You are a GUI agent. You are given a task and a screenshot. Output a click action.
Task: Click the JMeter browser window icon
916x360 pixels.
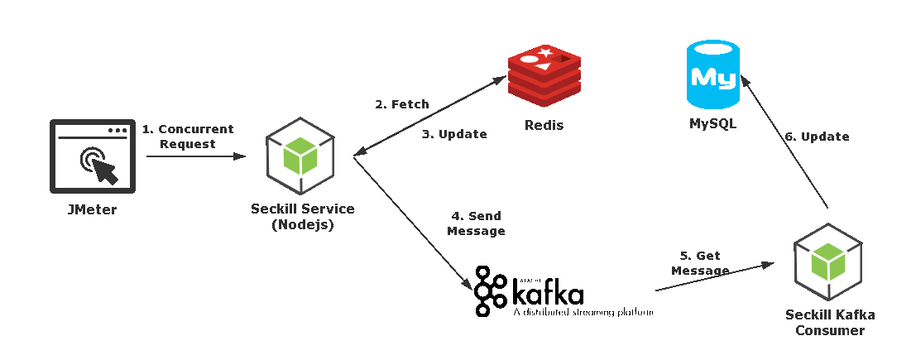point(92,156)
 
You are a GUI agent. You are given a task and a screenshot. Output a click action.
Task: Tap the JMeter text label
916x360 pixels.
point(92,210)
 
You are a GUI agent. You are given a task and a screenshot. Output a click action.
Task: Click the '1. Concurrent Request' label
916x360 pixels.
point(188,137)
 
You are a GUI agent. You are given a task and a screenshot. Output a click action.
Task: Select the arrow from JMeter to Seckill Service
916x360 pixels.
point(196,156)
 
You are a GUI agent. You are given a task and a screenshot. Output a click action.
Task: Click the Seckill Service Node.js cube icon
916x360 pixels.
point(300,156)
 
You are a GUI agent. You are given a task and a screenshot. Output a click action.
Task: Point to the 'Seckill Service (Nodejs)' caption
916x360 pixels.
point(302,217)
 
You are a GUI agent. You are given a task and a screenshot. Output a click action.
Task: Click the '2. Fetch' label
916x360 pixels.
point(401,104)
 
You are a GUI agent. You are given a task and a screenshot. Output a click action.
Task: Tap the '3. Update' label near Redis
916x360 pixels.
point(454,134)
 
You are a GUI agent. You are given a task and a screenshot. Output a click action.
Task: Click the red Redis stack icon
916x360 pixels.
point(544,76)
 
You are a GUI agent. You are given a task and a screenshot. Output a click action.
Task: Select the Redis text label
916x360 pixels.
point(544,126)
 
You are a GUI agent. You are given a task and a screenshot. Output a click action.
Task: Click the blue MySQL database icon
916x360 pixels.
point(712,74)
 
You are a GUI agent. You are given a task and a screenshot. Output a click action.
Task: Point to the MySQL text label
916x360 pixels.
point(712,124)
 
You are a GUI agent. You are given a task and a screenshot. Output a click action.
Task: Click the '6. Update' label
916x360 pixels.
point(817,137)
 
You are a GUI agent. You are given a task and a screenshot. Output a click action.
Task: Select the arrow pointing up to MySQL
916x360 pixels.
point(784,142)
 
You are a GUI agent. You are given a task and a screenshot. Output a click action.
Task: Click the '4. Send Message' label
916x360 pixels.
point(476,223)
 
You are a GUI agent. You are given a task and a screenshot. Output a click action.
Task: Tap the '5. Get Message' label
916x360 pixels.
point(700,263)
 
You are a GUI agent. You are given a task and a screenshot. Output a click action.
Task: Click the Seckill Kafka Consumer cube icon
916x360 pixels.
point(827,262)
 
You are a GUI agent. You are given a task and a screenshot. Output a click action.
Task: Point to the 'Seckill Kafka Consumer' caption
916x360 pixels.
point(830,323)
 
